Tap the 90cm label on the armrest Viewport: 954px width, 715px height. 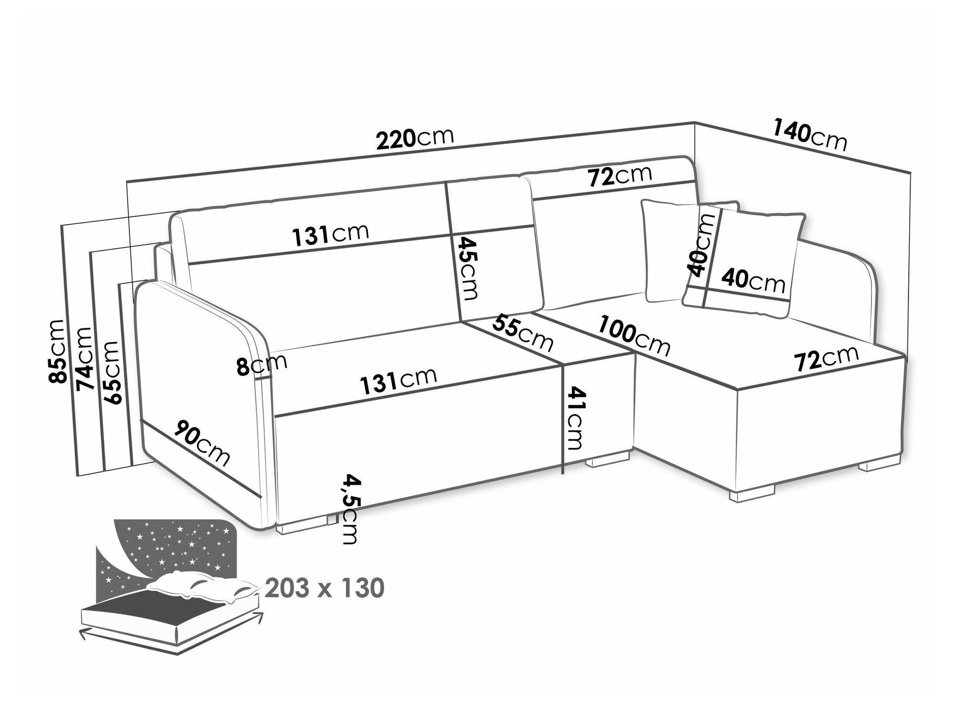pos(201,443)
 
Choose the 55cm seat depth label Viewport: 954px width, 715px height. pos(522,332)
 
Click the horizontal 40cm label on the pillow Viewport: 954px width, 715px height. pos(752,281)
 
